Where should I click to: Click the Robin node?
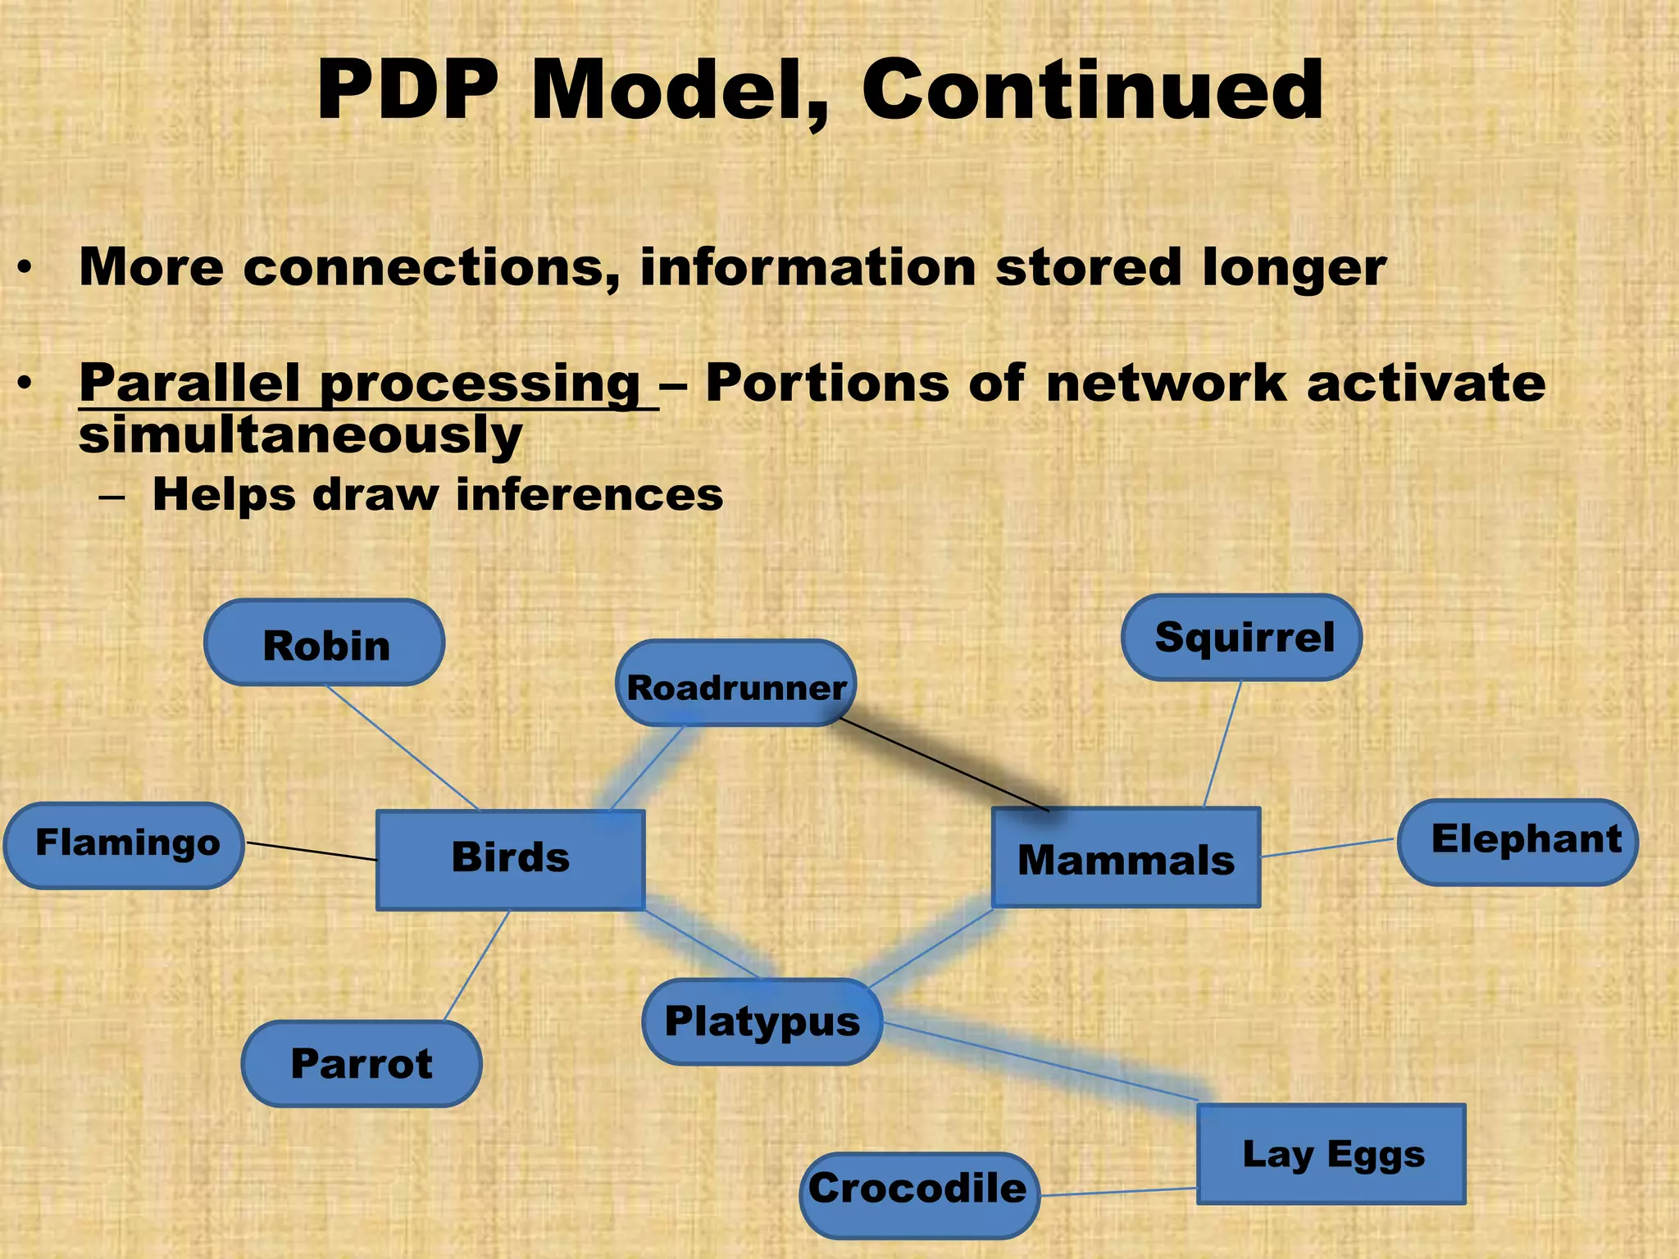tap(325, 643)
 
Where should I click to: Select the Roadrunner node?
tap(735, 684)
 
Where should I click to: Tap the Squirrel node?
tap(1241, 638)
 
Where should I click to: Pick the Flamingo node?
tap(125, 845)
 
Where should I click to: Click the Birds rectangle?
tap(510, 859)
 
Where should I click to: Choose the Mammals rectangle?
tap(1125, 857)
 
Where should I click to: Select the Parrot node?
tap(362, 1063)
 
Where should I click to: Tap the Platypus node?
tap(762, 1021)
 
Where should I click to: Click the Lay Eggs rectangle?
tap(1331, 1153)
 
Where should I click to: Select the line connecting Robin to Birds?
tap(402, 747)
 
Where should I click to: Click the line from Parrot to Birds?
tap(476, 966)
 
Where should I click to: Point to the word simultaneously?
tap(300, 434)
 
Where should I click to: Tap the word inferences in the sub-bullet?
tap(589, 495)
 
